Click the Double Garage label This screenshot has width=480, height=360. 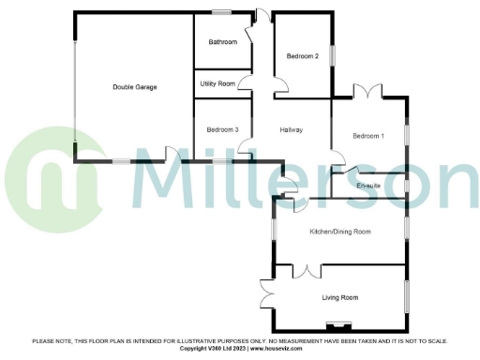(x=134, y=87)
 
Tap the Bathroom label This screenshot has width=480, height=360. (x=223, y=42)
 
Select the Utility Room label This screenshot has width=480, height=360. (x=217, y=83)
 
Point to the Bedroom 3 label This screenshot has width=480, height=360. (x=223, y=129)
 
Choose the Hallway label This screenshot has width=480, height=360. (x=292, y=129)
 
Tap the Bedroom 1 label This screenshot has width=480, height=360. (x=368, y=137)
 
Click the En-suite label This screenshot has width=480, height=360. (x=370, y=187)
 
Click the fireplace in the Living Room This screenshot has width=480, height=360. (x=336, y=326)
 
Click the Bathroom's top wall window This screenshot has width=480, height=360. (x=222, y=12)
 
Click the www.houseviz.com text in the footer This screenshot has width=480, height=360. (x=294, y=348)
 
